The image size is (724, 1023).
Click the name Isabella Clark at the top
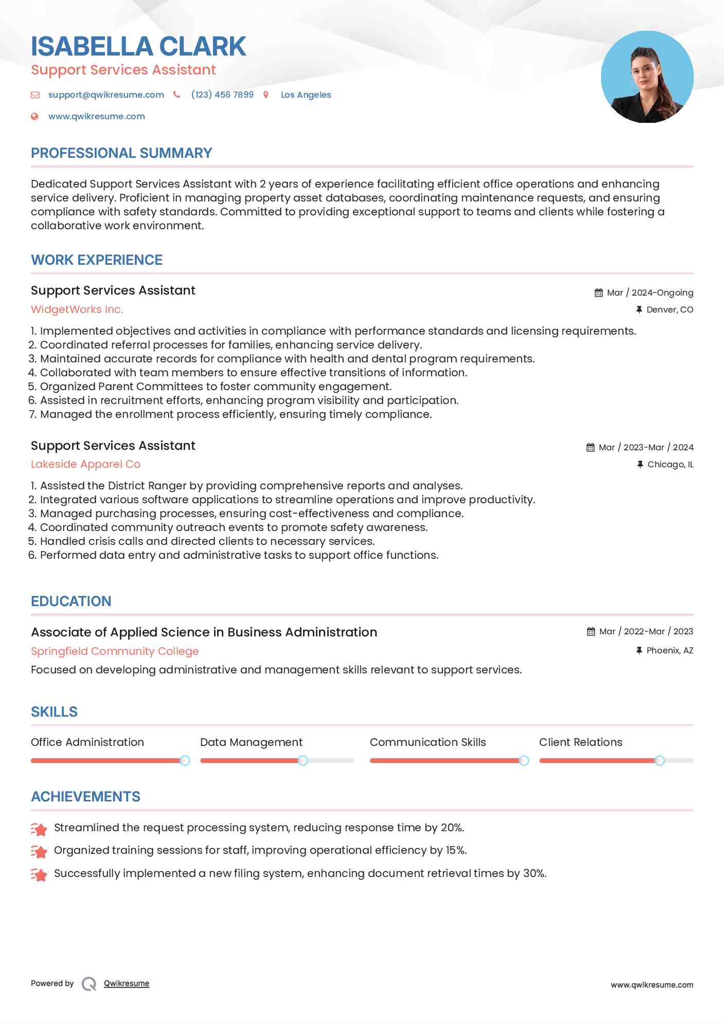click(138, 46)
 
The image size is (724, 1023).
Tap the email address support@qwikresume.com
click(106, 95)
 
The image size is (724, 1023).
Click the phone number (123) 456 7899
click(222, 95)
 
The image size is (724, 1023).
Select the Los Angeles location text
click(306, 95)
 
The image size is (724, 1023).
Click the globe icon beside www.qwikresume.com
click(34, 116)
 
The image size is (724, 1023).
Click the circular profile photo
click(647, 77)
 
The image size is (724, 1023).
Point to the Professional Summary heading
click(121, 153)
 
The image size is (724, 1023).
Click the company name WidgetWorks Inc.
click(77, 309)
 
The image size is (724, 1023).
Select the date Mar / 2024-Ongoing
click(650, 293)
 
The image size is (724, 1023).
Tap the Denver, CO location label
click(669, 309)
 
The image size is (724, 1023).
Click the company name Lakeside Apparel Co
click(85, 464)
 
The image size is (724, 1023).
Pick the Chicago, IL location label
click(670, 464)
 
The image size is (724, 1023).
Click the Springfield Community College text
click(115, 651)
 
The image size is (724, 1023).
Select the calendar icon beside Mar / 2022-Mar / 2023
click(591, 631)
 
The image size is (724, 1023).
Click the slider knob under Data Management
click(303, 760)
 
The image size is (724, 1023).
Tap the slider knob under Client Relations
click(660, 760)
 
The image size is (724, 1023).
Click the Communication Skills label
click(428, 742)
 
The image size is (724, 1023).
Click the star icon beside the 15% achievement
click(39, 851)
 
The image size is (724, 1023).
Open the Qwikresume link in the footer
click(127, 983)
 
